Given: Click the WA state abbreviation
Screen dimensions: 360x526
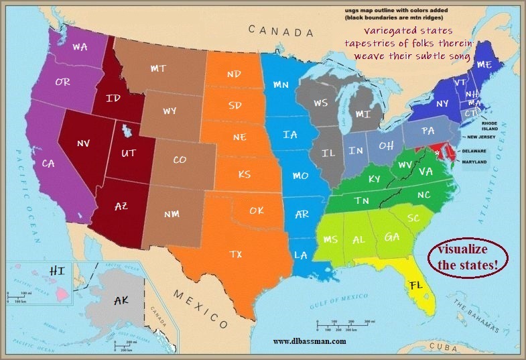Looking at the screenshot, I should (80, 48).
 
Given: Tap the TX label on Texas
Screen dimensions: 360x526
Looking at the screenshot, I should (236, 254).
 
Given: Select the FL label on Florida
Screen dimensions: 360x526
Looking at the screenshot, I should (416, 286).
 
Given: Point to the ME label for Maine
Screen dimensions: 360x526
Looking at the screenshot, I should (484, 64).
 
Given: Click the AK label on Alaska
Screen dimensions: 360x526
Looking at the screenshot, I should (121, 301).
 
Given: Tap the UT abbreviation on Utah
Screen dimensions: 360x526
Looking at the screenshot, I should (129, 154).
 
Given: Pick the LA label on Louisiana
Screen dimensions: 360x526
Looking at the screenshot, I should (301, 255).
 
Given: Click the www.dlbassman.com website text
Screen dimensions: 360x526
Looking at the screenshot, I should (310, 341).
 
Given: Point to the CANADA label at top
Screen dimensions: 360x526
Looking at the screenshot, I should (280, 31).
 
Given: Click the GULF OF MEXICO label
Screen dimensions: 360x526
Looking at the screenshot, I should (339, 300).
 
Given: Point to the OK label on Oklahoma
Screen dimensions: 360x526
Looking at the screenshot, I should (257, 211).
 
